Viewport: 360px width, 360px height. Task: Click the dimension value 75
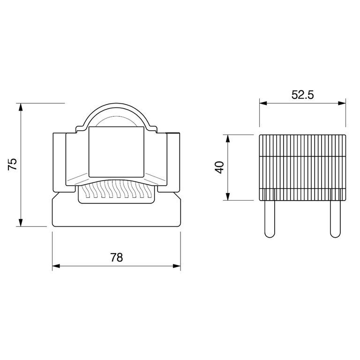click(13, 164)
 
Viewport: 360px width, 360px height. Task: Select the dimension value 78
click(117, 258)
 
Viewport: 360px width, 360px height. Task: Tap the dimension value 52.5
click(303, 95)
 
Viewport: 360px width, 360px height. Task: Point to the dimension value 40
click(219, 167)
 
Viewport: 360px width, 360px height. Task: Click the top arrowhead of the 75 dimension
click(21, 107)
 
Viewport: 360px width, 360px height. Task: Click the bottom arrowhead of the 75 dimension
click(21, 223)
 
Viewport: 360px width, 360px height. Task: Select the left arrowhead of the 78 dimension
click(56, 266)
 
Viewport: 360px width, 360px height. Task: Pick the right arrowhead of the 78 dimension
click(177, 266)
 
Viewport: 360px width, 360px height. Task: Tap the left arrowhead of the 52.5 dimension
click(263, 103)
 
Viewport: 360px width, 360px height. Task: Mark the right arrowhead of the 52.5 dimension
click(342, 103)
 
